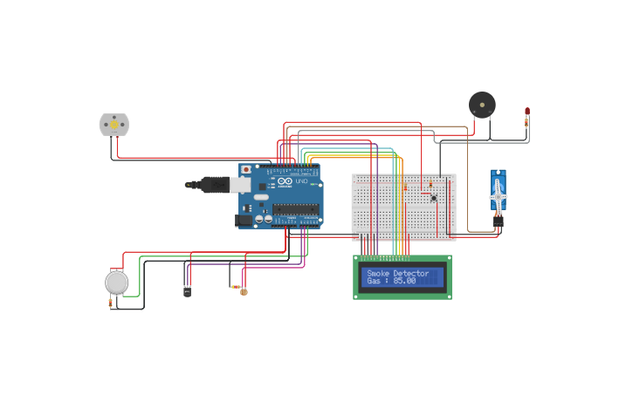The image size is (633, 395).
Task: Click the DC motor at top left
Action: coord(114,125)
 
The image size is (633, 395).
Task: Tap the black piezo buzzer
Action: coord(482,105)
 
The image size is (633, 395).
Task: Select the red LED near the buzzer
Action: coord(527,112)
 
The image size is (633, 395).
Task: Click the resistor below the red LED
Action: coord(526,124)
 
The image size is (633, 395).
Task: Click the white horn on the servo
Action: coord(498,197)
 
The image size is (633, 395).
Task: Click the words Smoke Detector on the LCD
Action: coord(398,274)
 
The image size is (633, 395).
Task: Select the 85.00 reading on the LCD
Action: coord(404,282)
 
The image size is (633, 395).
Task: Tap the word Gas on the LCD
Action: coord(374,282)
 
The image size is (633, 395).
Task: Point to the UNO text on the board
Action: coord(301,180)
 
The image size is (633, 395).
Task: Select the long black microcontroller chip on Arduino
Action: coord(295,208)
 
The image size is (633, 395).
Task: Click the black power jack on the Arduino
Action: coord(244,221)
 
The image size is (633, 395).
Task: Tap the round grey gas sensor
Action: coord(116,283)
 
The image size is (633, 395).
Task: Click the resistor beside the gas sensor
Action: coord(110,303)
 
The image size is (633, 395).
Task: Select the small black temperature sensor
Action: coord(187,291)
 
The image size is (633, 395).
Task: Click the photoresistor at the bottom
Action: coord(244,291)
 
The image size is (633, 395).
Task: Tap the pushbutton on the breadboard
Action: coord(434,198)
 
